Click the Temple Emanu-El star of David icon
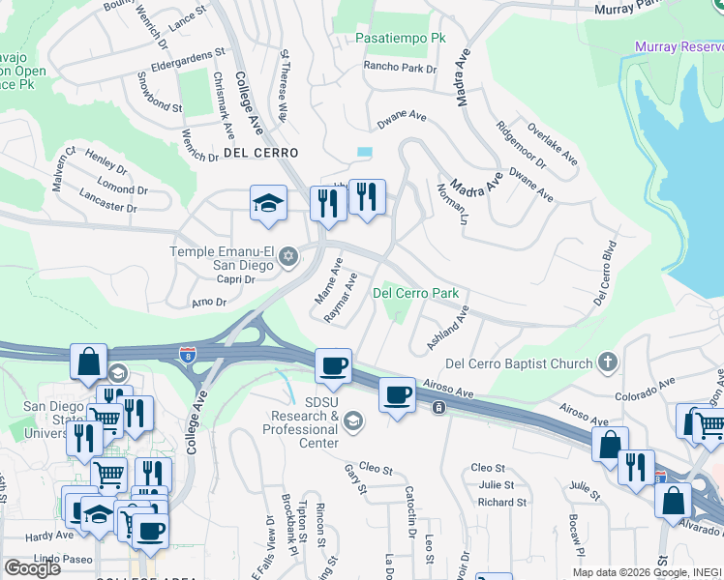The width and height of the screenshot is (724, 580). point(287,257)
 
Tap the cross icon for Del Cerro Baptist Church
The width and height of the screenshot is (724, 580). point(607,362)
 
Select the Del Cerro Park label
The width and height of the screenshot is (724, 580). point(415,293)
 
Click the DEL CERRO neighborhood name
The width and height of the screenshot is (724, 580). point(260,153)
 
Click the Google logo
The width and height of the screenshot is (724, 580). point(32,567)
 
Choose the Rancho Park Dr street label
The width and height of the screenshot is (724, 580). point(400,69)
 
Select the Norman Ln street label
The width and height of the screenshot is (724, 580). point(461,204)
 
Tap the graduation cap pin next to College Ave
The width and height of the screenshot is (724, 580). point(268,203)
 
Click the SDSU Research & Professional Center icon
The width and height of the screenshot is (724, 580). point(352,420)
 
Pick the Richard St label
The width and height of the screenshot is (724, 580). point(501,502)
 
